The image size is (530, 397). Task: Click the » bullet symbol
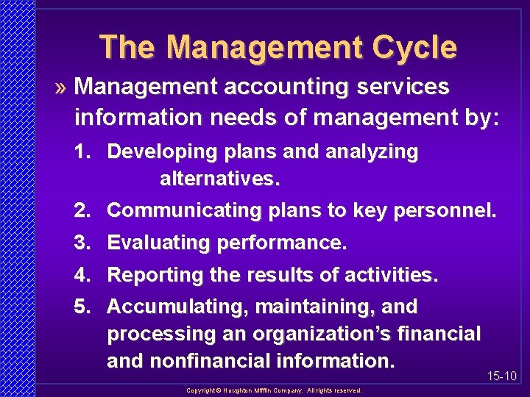62,87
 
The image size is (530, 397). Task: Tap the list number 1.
81,152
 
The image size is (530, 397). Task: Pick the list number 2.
81,211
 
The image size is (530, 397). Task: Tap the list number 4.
81,275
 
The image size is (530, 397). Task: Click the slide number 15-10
502,376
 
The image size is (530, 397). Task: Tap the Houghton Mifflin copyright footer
274,390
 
